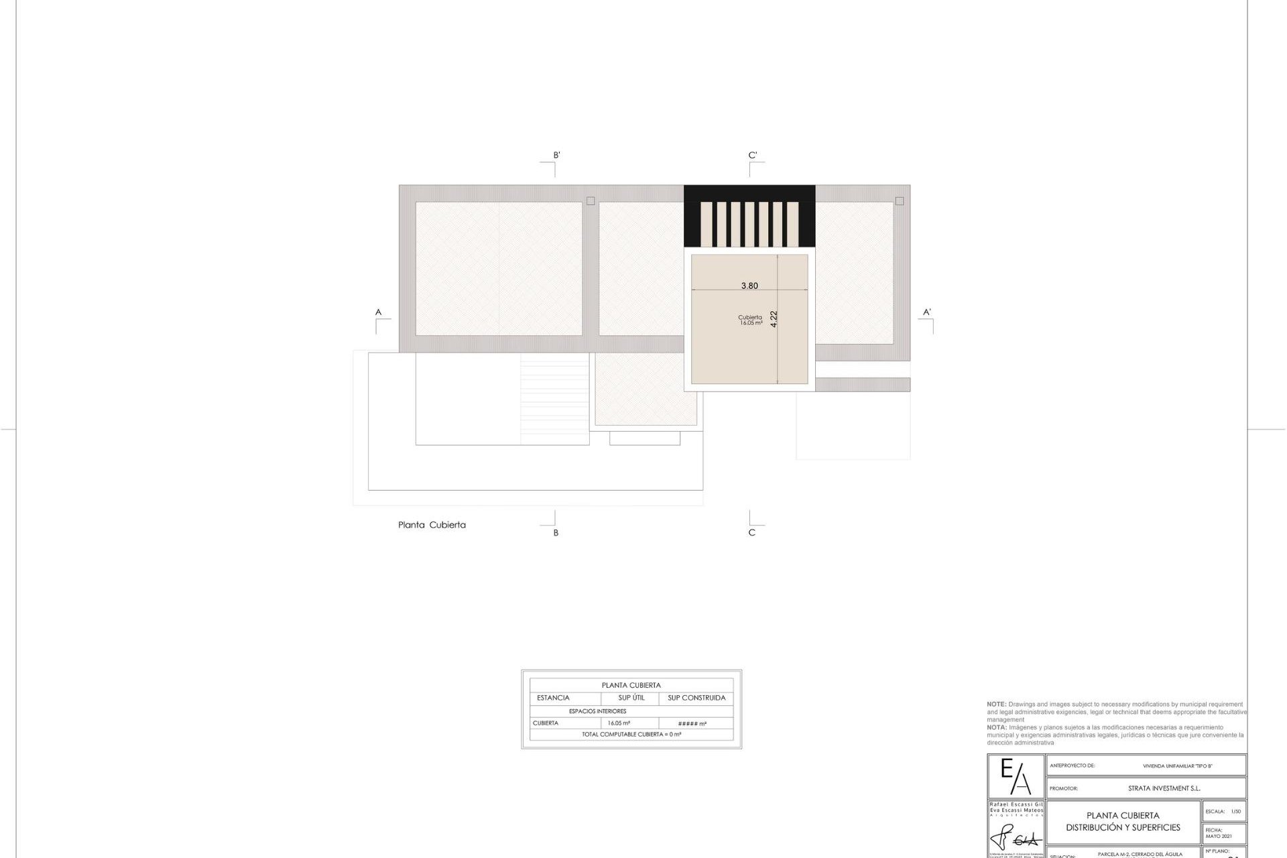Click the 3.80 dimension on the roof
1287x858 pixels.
tap(749, 286)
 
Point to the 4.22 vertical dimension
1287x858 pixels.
tap(774, 318)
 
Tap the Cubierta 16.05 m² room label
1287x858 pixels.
tap(750, 320)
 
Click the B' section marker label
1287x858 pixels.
tap(556, 156)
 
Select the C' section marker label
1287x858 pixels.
tap(753, 156)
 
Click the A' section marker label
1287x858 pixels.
tap(927, 312)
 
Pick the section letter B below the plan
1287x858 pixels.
tap(556, 533)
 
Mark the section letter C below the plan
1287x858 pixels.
tap(751, 533)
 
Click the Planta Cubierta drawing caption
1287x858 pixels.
tap(432, 525)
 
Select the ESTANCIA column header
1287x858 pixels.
tap(553, 698)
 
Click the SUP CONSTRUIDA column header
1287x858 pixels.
tap(696, 698)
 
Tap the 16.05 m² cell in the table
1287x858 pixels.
tap(619, 723)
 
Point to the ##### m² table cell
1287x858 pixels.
tap(692, 724)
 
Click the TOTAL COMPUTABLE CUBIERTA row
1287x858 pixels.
tap(631, 735)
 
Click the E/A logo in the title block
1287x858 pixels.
tap(1016, 777)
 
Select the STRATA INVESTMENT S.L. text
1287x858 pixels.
tap(1164, 788)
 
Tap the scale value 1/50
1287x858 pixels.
tap(1235, 812)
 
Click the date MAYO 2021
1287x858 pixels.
tap(1218, 837)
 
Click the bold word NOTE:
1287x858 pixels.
tap(996, 704)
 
